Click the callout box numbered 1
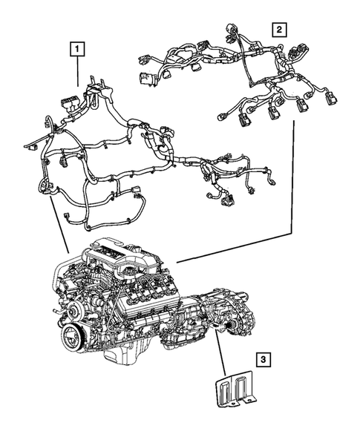pos(77,50)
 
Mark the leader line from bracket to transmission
pos(220,354)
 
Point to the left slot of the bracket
pos(223,389)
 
